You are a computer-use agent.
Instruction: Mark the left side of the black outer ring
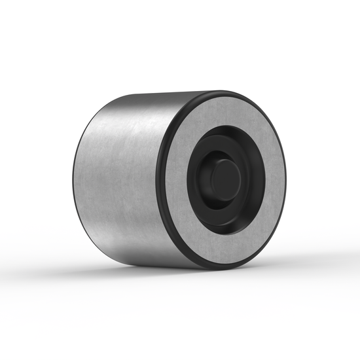click(159, 180)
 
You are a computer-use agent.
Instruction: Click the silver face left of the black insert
click(175, 180)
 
